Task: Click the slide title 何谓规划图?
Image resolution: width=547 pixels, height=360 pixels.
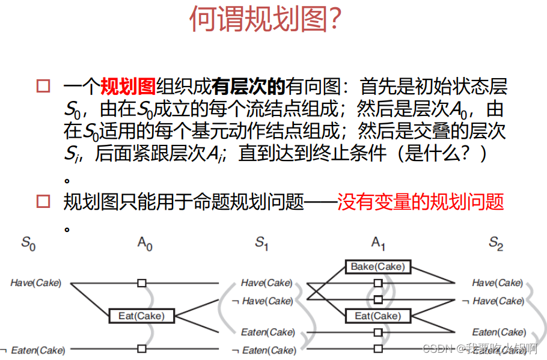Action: point(266,19)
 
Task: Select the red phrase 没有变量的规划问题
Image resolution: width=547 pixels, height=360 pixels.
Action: point(420,202)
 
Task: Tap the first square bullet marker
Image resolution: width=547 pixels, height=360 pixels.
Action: point(43,86)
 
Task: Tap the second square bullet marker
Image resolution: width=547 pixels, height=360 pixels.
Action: point(43,201)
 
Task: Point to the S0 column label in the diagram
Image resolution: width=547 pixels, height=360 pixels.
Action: point(28,244)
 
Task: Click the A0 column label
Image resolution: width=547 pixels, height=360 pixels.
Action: point(145,244)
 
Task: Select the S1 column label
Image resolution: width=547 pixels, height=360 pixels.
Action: point(261,244)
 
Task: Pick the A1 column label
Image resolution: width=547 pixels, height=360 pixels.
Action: point(378,244)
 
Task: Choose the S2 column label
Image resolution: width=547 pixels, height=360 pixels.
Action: point(495,244)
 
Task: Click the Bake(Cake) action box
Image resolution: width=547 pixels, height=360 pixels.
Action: point(378,266)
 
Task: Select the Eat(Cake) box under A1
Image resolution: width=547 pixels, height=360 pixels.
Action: point(378,316)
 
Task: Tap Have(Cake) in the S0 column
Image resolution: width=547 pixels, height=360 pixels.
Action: point(35,282)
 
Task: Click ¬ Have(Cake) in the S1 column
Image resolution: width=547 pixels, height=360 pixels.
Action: point(262,301)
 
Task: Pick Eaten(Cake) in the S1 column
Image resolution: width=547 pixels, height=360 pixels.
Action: point(268,332)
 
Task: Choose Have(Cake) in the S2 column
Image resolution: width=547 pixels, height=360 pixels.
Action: point(497,282)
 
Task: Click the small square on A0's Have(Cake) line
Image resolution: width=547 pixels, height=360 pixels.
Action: point(142,282)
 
